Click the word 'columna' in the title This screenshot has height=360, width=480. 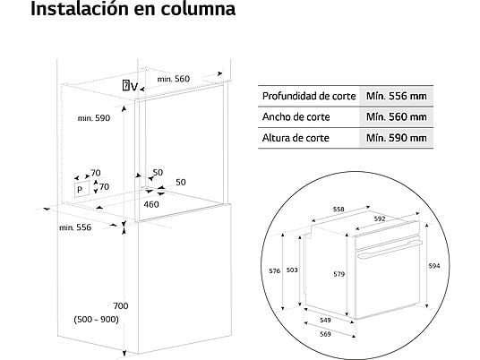[198, 9]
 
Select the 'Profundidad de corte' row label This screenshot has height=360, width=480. [309, 96]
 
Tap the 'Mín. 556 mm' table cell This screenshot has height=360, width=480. [397, 96]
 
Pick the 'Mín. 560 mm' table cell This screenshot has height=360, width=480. [397, 117]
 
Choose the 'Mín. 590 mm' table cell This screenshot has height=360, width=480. [397, 138]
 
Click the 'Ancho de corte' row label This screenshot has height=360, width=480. [296, 117]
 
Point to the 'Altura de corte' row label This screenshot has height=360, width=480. [296, 138]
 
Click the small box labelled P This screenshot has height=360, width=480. [81, 189]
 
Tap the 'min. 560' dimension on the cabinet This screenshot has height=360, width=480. [174, 79]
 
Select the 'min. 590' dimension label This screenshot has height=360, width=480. [94, 118]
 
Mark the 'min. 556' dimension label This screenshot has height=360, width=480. [75, 227]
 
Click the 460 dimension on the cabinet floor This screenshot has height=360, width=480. [151, 204]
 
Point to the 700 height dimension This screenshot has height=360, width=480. [121, 305]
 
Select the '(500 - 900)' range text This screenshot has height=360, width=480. [96, 320]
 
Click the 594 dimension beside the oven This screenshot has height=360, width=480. [434, 266]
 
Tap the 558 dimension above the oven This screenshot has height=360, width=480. [339, 210]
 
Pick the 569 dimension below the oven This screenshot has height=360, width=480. [325, 334]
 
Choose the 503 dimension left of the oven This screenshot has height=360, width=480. [292, 270]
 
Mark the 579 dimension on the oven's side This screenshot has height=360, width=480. [339, 274]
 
